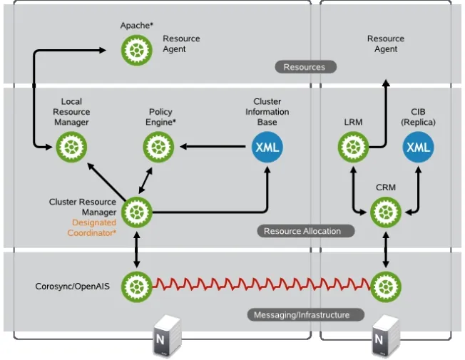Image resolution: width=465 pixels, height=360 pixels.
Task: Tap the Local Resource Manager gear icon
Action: (71, 148)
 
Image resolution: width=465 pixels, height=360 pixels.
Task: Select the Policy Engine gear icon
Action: (158, 148)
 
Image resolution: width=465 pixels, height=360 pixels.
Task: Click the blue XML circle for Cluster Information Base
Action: (267, 148)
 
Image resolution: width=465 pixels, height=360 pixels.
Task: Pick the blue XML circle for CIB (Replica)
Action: (418, 148)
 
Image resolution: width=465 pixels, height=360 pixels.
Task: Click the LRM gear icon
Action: (352, 148)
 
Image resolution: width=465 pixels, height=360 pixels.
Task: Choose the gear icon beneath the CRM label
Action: (386, 212)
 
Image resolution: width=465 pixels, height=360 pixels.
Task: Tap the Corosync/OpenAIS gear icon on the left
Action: (136, 287)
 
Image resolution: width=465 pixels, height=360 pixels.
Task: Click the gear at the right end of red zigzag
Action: (386, 287)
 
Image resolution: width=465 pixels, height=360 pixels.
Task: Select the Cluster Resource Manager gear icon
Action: (136, 212)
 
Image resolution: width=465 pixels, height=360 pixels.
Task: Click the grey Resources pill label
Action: (305, 67)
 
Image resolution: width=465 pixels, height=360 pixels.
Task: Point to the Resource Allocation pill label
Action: (302, 231)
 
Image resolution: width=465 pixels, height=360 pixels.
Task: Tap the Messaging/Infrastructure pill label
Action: (302, 314)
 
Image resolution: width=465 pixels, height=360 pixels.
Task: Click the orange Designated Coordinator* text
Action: (92, 228)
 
